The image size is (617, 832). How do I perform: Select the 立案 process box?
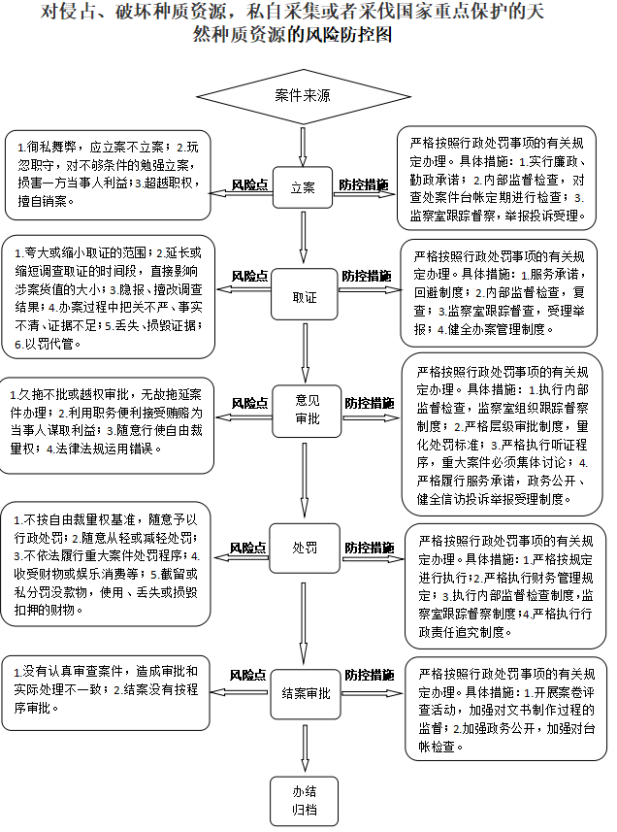pyautogui.click(x=304, y=187)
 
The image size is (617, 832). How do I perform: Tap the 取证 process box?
pyautogui.click(x=305, y=296)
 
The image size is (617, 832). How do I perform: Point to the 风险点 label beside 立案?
pyautogui.click(x=249, y=184)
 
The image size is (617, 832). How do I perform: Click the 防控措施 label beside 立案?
pyautogui.click(x=363, y=184)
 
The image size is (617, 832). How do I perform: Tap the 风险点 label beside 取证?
pyautogui.click(x=249, y=277)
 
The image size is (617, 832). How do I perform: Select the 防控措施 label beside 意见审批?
pyautogui.click(x=369, y=402)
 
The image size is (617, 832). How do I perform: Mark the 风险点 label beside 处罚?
pyautogui.click(x=248, y=548)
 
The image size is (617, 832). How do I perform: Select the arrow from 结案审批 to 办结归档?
pyautogui.click(x=306, y=746)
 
